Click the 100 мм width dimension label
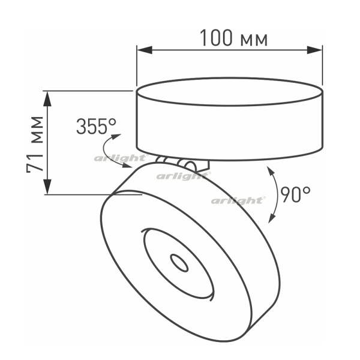pyautogui.click(x=234, y=38)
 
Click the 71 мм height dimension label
pyautogui.click(x=35, y=145)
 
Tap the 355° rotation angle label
pyautogui.click(x=96, y=126)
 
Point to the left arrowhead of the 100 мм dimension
pyautogui.click(x=145, y=50)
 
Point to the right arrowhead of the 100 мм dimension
pyautogui.click(x=315, y=50)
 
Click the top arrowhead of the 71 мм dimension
pyautogui.click(x=47, y=99)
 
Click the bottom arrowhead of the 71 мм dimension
pyautogui.click(x=47, y=187)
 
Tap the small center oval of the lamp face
pyautogui.click(x=179, y=263)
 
